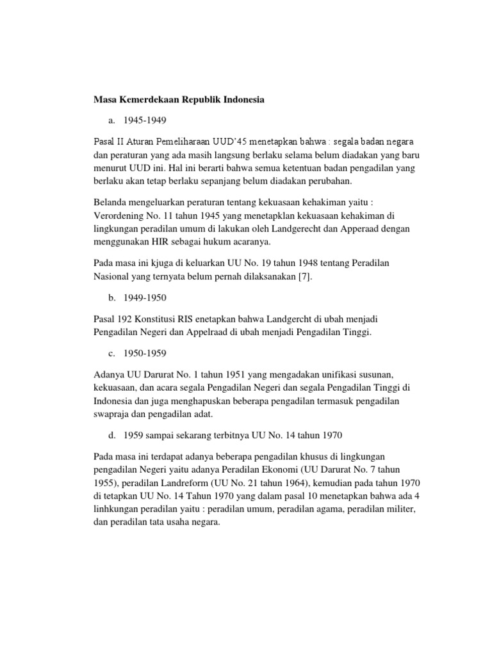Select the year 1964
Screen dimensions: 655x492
318,482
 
